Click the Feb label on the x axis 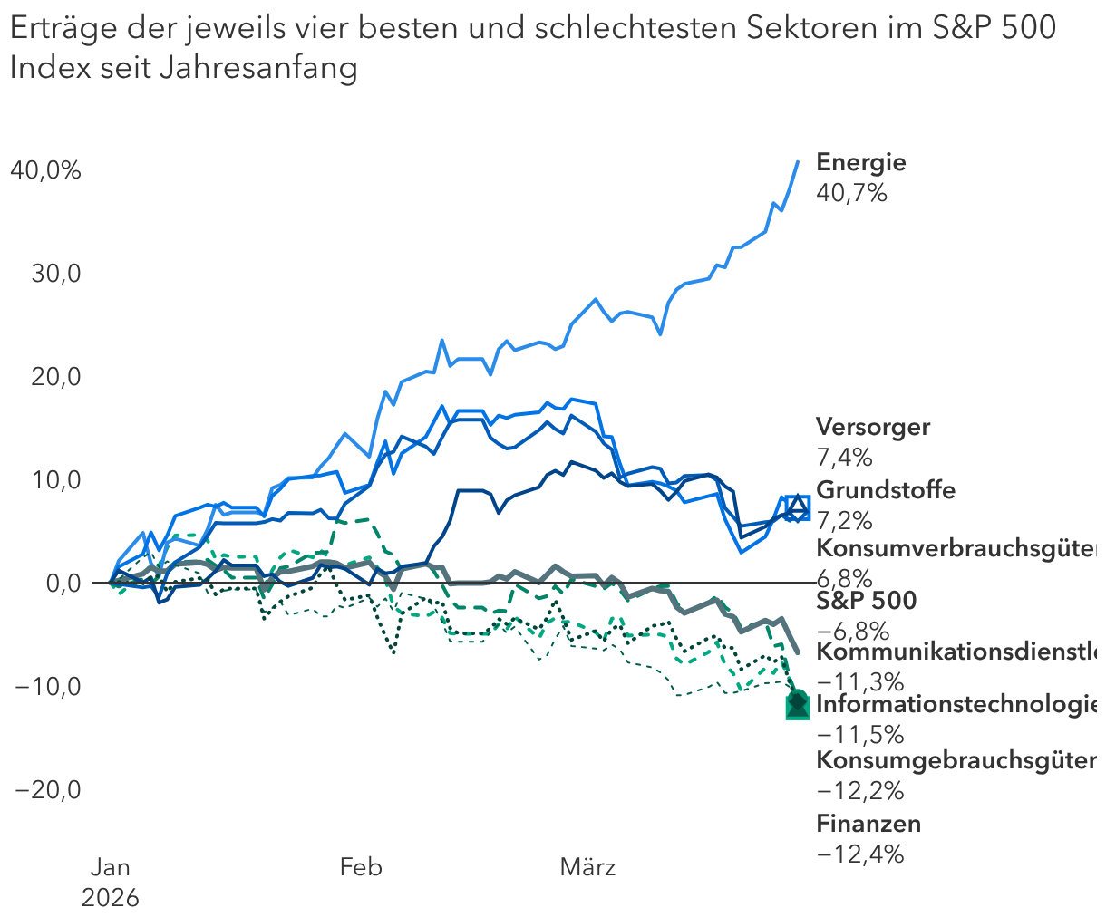point(361,867)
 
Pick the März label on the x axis point(587,867)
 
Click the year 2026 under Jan point(111,897)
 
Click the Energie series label point(860,162)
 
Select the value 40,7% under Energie point(851,193)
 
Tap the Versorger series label point(873,427)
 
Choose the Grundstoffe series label point(886,490)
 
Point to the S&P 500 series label point(866,600)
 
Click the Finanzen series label point(868,824)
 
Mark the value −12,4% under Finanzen point(860,854)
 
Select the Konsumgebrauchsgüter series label point(956,759)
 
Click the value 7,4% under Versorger point(844,456)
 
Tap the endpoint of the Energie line point(798,162)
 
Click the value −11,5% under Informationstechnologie point(860,733)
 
